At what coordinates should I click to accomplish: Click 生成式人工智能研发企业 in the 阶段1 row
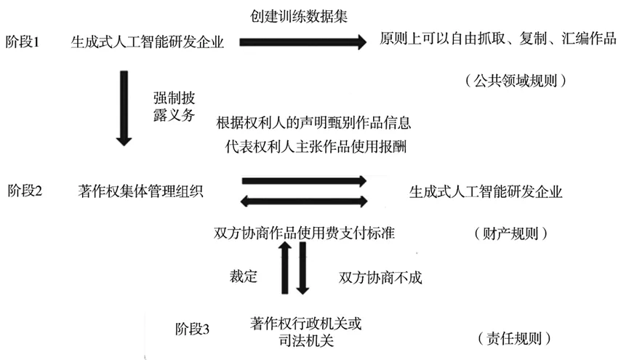click(x=148, y=42)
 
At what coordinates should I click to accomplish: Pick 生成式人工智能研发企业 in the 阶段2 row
click(x=486, y=192)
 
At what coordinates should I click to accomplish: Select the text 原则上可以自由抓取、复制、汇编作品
click(x=497, y=41)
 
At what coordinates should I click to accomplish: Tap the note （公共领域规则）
click(x=515, y=81)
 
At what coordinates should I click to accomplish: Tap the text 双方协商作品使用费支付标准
click(x=305, y=233)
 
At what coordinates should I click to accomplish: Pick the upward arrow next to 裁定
click(x=286, y=269)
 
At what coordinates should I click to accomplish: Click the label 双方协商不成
click(x=380, y=277)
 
